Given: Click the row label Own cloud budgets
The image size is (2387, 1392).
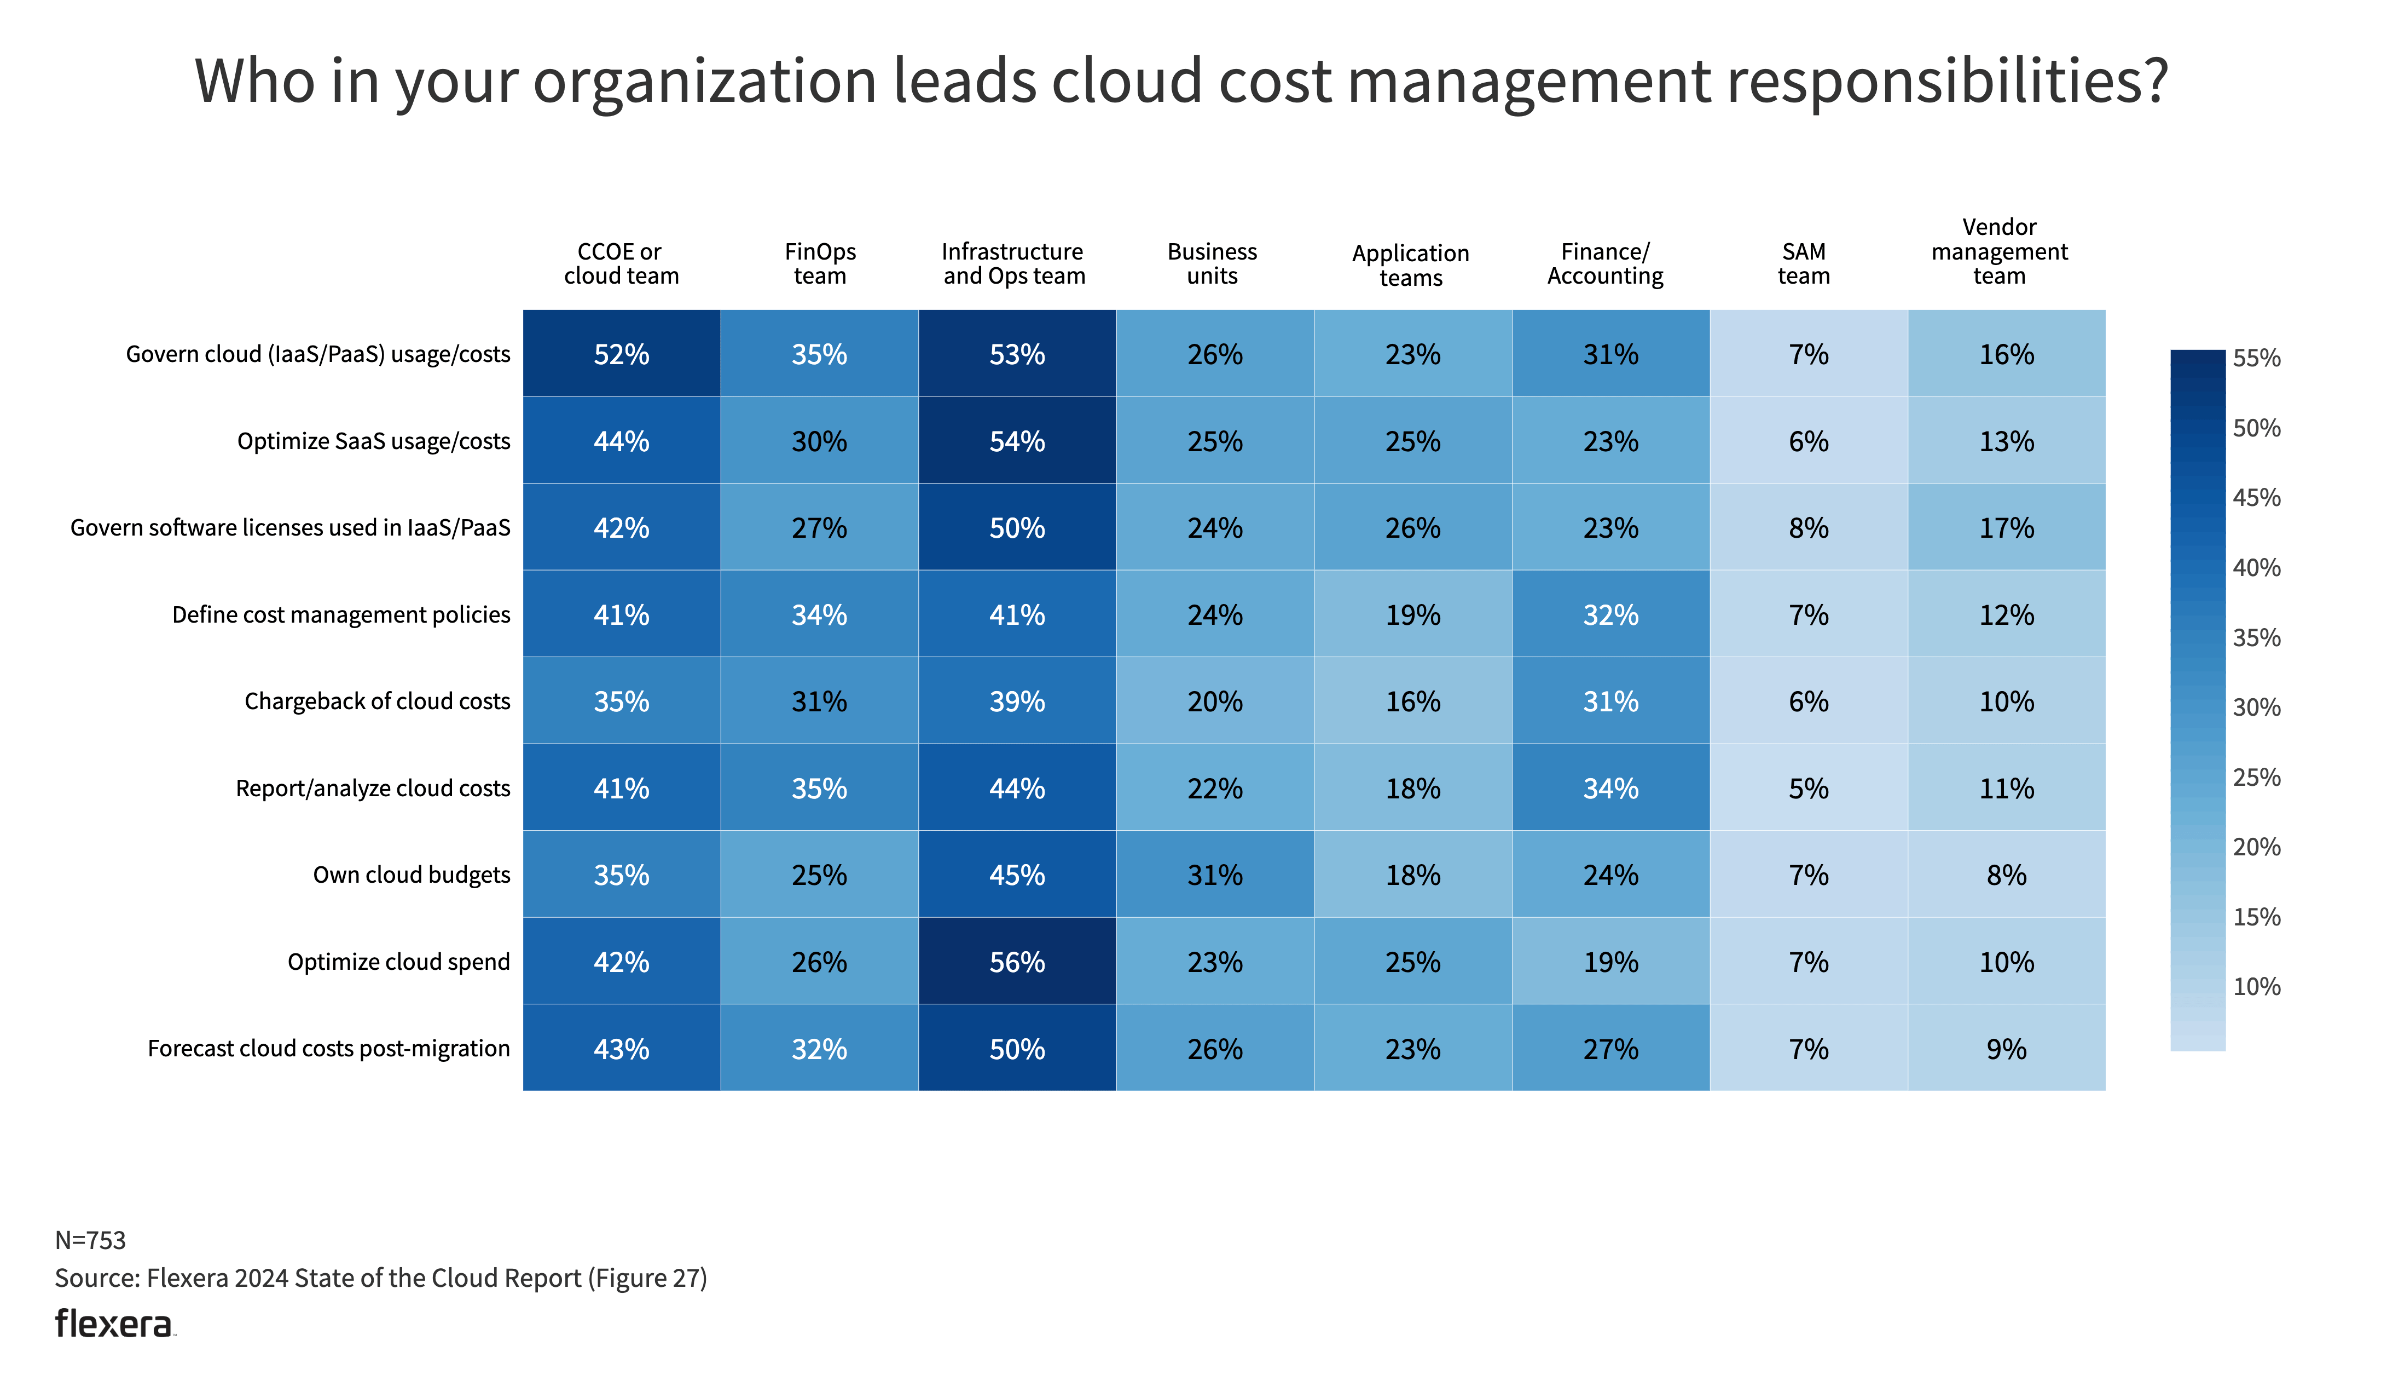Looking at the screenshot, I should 411,875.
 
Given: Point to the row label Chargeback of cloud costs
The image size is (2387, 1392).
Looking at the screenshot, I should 377,701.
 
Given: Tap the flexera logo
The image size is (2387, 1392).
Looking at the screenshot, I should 114,1324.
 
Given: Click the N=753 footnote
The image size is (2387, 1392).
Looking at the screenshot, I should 90,1239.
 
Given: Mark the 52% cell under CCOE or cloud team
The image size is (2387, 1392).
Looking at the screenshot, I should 622,354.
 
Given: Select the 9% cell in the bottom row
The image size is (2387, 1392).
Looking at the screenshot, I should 2006,1049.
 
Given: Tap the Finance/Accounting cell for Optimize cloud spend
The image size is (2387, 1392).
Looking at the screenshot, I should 1610,962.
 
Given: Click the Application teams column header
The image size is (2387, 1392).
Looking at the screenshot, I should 1410,266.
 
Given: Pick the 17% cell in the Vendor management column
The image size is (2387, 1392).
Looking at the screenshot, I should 2006,528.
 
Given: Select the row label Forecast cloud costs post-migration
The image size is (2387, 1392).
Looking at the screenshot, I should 329,1049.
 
